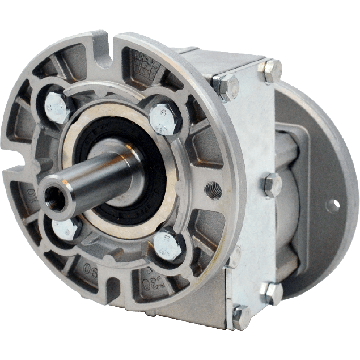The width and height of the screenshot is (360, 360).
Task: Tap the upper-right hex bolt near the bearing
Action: (163, 118)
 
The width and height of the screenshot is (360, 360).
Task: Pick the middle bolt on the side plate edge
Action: (272, 184)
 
